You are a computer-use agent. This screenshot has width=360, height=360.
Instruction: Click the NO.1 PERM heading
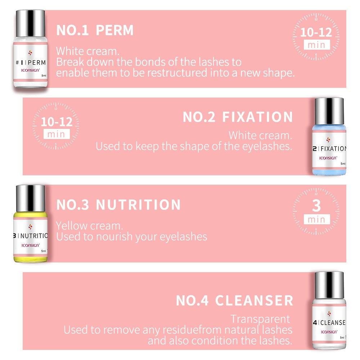coord(95,31)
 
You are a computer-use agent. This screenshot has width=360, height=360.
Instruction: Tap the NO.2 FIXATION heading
coord(238,117)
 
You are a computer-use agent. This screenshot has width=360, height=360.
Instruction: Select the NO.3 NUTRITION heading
coord(118,205)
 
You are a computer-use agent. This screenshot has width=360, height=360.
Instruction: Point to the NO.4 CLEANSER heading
coord(234,300)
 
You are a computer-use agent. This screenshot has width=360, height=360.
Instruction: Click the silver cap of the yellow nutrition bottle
coord(31,197)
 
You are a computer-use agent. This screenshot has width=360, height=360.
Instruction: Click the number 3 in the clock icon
coord(316,206)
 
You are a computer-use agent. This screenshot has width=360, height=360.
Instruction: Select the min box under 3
coord(316,220)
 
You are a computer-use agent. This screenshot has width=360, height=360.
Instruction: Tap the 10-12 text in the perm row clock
coord(316,32)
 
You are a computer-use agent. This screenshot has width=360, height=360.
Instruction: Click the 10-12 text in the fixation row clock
coord(56,121)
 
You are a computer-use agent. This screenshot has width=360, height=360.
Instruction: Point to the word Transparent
coord(260,319)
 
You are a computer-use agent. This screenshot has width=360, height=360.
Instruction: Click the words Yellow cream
coord(89,226)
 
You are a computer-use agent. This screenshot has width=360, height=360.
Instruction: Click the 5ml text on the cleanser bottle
coord(342,337)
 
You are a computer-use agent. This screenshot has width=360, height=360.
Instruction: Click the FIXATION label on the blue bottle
coord(333,149)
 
